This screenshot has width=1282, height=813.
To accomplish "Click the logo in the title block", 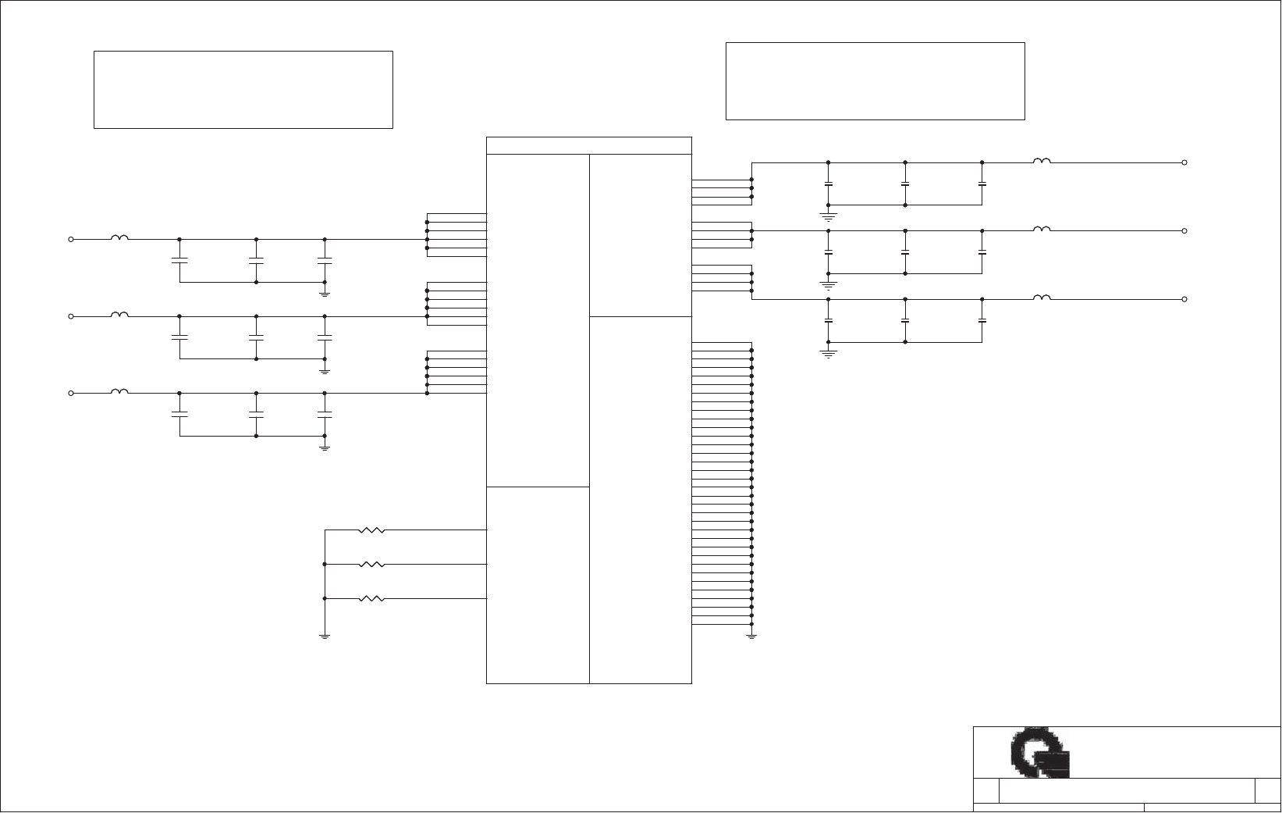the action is coord(1039,754).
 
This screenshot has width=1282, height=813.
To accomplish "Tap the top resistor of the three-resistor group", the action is coord(371,530).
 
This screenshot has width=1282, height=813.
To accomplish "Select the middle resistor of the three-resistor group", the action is coord(371,564).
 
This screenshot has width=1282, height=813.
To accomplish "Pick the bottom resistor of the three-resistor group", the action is coord(371,599).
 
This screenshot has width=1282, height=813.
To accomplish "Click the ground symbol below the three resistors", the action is coord(325,636).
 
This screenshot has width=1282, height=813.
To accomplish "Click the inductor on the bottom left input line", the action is coord(119,391).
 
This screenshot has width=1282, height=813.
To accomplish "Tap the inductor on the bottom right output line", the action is coord(1042,298).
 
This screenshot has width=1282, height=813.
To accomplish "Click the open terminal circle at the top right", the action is coord(1184,162).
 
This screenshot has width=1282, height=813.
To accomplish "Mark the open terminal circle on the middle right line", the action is coord(1184,231).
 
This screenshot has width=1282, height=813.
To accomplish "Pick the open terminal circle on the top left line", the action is coord(71,239).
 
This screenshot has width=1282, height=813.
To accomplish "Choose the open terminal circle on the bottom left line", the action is coord(71,393).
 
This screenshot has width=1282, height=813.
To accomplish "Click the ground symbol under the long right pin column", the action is coord(751,637).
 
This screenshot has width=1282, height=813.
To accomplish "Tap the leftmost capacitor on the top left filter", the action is coord(179,259).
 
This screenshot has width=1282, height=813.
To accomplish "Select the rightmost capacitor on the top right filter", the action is coord(982,184).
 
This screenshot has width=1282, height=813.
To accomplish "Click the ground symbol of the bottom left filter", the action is coord(325,448).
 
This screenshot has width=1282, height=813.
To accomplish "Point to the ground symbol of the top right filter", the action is coord(829,215).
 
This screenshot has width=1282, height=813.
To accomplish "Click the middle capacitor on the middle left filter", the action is coord(256,337).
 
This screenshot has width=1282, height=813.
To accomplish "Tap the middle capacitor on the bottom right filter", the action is coord(905,320).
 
